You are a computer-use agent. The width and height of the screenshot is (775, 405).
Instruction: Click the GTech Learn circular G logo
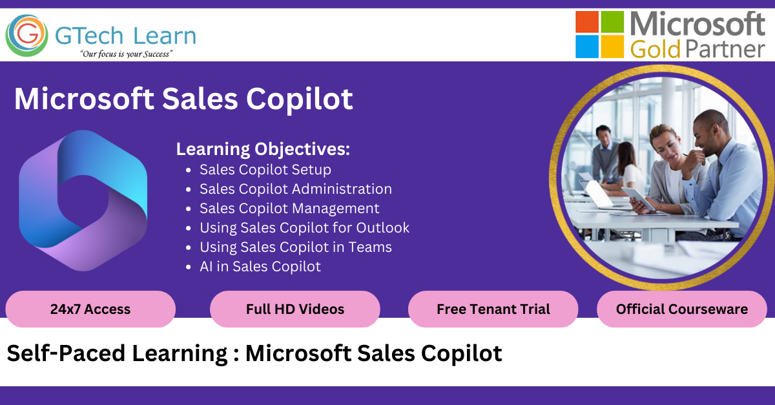(26, 36)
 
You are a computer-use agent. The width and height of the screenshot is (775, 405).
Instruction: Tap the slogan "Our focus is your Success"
(127, 54)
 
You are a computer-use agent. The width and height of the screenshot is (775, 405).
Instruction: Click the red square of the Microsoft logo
(587, 22)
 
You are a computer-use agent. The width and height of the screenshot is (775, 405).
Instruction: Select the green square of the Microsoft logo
(612, 22)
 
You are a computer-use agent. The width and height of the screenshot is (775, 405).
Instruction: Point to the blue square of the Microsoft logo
(587, 47)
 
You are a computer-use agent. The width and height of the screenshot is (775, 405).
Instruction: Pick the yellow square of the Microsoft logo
(612, 47)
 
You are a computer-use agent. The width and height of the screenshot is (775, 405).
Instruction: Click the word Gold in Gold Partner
(656, 49)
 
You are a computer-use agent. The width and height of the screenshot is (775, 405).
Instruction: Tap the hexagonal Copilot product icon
(83, 201)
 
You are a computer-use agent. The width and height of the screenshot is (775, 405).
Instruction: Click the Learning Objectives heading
(263, 149)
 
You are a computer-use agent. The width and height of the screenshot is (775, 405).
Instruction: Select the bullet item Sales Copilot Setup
(265, 170)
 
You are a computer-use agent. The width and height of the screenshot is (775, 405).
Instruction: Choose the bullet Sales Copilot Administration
(296, 189)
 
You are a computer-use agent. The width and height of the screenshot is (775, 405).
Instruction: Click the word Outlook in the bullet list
(382, 228)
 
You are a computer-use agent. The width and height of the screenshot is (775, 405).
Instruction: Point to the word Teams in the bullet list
(370, 247)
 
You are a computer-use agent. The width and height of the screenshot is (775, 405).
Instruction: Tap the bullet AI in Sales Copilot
(260, 267)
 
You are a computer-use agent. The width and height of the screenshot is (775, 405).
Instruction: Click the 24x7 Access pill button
(90, 309)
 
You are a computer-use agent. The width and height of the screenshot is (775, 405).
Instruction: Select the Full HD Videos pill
(295, 309)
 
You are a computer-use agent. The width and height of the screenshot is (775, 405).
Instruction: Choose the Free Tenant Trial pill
(493, 309)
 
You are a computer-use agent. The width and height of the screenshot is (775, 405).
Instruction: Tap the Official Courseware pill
(682, 309)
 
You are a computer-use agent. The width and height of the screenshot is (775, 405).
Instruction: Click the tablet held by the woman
(639, 198)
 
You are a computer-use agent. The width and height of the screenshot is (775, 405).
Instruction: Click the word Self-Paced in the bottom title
(66, 353)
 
